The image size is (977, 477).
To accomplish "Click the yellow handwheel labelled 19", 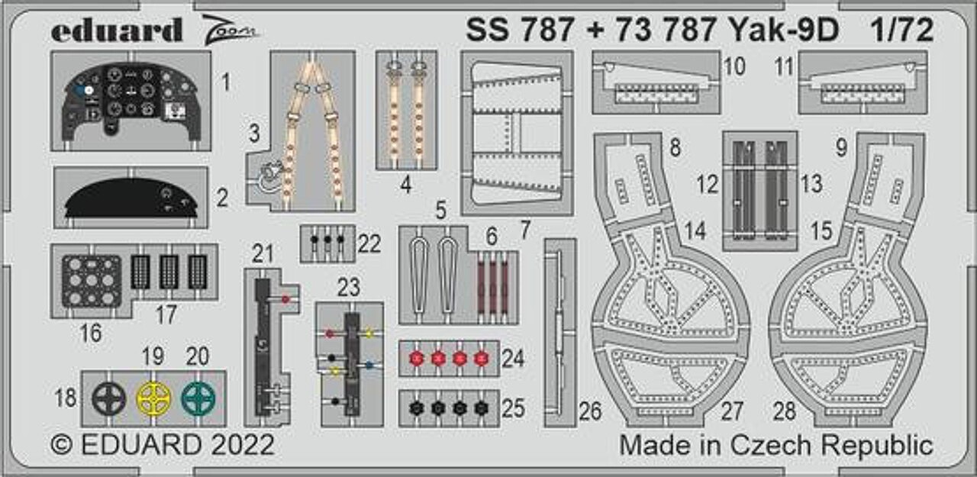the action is pyautogui.click(x=153, y=398).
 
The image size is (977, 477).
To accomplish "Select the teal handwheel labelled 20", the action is pyautogui.click(x=198, y=398).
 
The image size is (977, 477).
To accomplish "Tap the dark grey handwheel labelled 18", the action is pyautogui.click(x=109, y=398).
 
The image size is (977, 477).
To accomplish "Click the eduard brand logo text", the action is pyautogui.click(x=117, y=31).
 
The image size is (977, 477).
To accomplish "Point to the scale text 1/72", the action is pyautogui.click(x=901, y=30).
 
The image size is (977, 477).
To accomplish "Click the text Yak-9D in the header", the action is pyautogui.click(x=783, y=30).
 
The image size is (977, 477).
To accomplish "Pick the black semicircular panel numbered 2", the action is pyautogui.click(x=131, y=198).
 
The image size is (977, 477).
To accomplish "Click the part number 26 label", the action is pyautogui.click(x=590, y=411).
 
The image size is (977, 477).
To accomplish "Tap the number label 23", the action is pyautogui.click(x=349, y=287).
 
